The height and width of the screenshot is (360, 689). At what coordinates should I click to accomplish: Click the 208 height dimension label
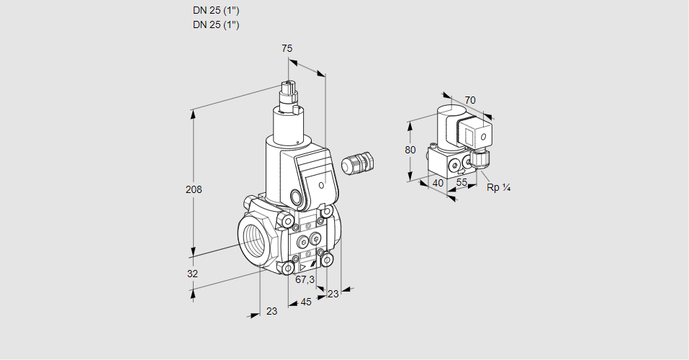click(193, 190)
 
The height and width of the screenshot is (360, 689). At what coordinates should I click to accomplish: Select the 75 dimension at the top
click(287, 48)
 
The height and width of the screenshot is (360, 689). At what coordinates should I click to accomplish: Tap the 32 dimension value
click(192, 274)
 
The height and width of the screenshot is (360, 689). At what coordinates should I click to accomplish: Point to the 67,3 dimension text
click(305, 279)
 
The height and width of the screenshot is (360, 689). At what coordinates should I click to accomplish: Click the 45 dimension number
click(306, 302)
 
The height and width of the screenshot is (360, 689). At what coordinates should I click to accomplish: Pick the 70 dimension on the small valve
click(470, 100)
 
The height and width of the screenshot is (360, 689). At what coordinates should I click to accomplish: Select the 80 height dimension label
click(410, 150)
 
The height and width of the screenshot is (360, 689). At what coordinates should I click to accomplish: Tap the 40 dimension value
click(437, 184)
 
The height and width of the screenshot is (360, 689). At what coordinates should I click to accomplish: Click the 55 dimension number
click(462, 184)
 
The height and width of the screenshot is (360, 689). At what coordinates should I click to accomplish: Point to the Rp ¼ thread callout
click(498, 188)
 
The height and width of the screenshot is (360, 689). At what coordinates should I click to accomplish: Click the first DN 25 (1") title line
click(216, 11)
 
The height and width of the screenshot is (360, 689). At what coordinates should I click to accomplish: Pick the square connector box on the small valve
click(477, 135)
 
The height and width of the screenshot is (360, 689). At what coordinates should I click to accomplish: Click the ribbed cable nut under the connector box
click(478, 156)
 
